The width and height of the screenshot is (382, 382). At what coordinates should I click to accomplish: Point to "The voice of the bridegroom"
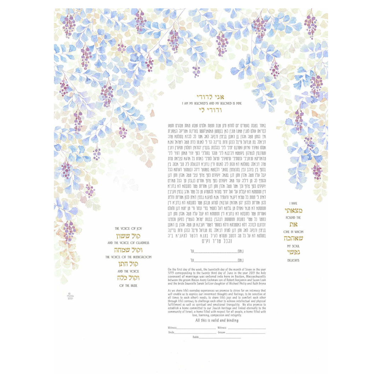click(128, 257)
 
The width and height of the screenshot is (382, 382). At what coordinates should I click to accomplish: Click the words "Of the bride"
click(128, 285)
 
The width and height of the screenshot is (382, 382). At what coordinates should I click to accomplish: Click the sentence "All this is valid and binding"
click(217, 320)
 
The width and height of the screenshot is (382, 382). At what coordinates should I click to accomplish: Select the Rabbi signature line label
click(196, 337)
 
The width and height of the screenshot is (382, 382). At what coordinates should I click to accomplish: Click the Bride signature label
click(171, 332)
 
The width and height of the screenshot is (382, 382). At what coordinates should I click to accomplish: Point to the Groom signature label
click(221, 332)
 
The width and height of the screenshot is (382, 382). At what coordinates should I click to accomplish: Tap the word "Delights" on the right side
click(293, 260)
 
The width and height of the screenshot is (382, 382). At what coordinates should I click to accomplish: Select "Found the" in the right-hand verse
click(293, 218)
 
